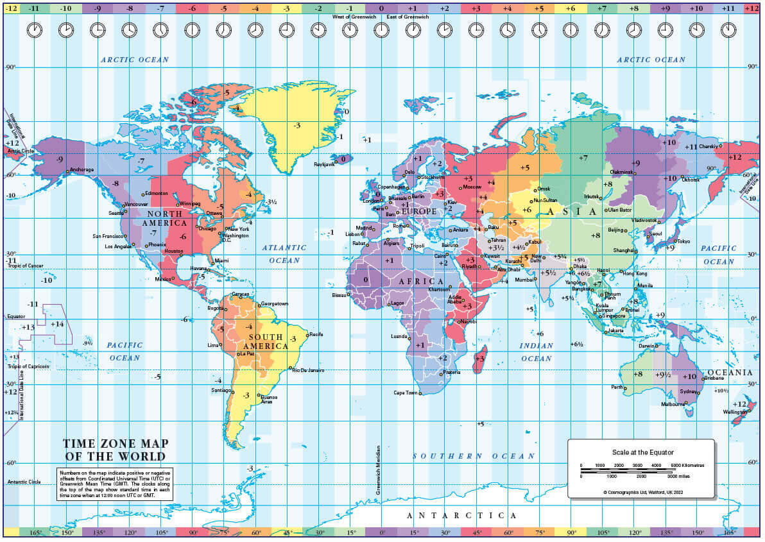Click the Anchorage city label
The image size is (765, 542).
(82, 169)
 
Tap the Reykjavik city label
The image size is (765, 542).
(324, 164)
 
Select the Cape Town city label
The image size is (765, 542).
(406, 393)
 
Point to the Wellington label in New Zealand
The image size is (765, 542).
(735, 412)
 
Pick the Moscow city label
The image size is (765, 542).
(472, 187)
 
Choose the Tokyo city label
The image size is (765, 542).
(683, 241)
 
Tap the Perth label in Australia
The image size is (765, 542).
(617, 387)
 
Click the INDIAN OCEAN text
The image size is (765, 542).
(536, 352)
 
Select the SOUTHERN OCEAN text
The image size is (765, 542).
(473, 456)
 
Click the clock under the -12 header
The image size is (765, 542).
(35, 30)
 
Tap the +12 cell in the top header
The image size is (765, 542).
(751, 8)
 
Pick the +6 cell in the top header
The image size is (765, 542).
(570, 8)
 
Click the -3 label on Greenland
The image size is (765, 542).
(297, 126)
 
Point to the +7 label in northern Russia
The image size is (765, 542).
(583, 157)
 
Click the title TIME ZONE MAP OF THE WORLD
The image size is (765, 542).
(114, 450)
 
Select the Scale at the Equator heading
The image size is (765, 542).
(642, 452)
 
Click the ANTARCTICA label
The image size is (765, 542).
(461, 516)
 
